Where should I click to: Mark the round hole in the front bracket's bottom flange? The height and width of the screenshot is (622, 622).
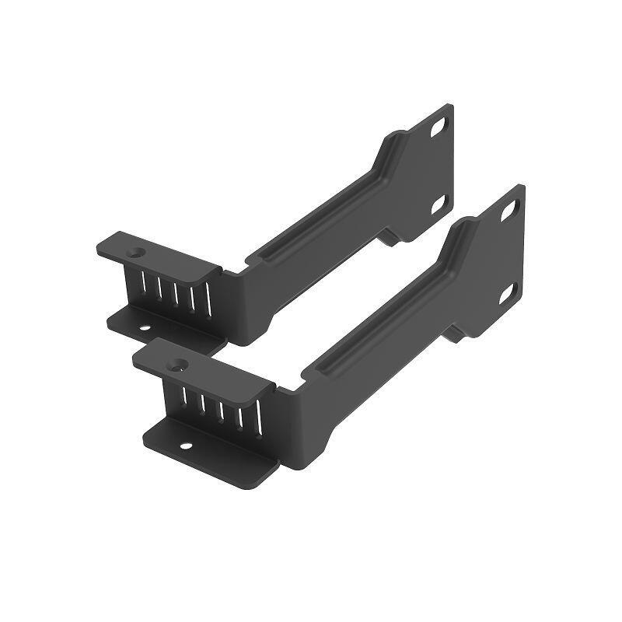186,446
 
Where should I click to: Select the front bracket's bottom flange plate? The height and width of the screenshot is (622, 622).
210,451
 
